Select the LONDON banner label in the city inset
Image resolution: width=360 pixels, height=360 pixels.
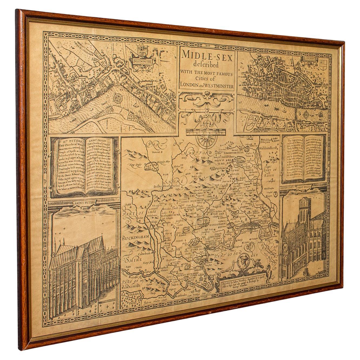click(x=310, y=58)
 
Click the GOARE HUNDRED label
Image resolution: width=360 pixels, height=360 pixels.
click(x=192, y=201)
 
